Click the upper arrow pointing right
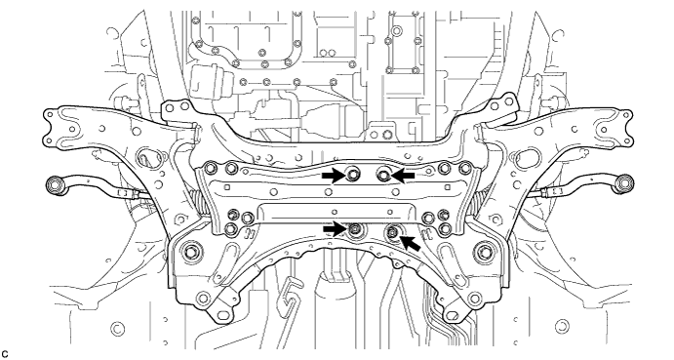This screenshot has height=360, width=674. click(x=334, y=175)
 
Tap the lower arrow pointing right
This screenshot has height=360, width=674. click(x=334, y=229)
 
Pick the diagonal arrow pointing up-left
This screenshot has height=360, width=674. click(x=410, y=245)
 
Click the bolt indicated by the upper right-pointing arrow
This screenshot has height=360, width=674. click(x=353, y=175)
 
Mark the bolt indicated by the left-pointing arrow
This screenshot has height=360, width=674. click(x=383, y=175)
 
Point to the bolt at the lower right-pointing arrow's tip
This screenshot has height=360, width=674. click(x=355, y=230)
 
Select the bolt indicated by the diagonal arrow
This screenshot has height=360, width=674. click(x=392, y=232)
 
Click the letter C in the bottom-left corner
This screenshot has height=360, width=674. click(x=5, y=354)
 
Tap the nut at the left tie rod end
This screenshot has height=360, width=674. click(x=54, y=184)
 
